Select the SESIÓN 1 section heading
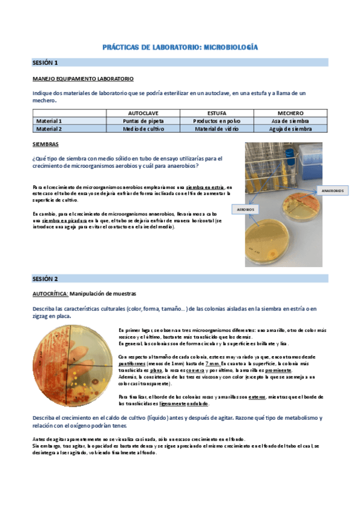point(45,63)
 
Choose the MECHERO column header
point(290,113)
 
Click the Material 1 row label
point(49,121)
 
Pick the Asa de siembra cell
point(290,121)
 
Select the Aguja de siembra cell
point(290,129)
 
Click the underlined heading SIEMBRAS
point(45,145)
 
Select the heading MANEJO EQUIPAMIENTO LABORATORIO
point(83,79)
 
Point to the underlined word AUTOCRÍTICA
point(50,293)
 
